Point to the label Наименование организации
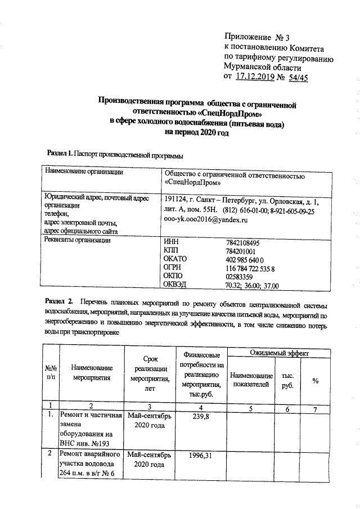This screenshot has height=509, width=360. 83,172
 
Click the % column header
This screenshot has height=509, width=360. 316,381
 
